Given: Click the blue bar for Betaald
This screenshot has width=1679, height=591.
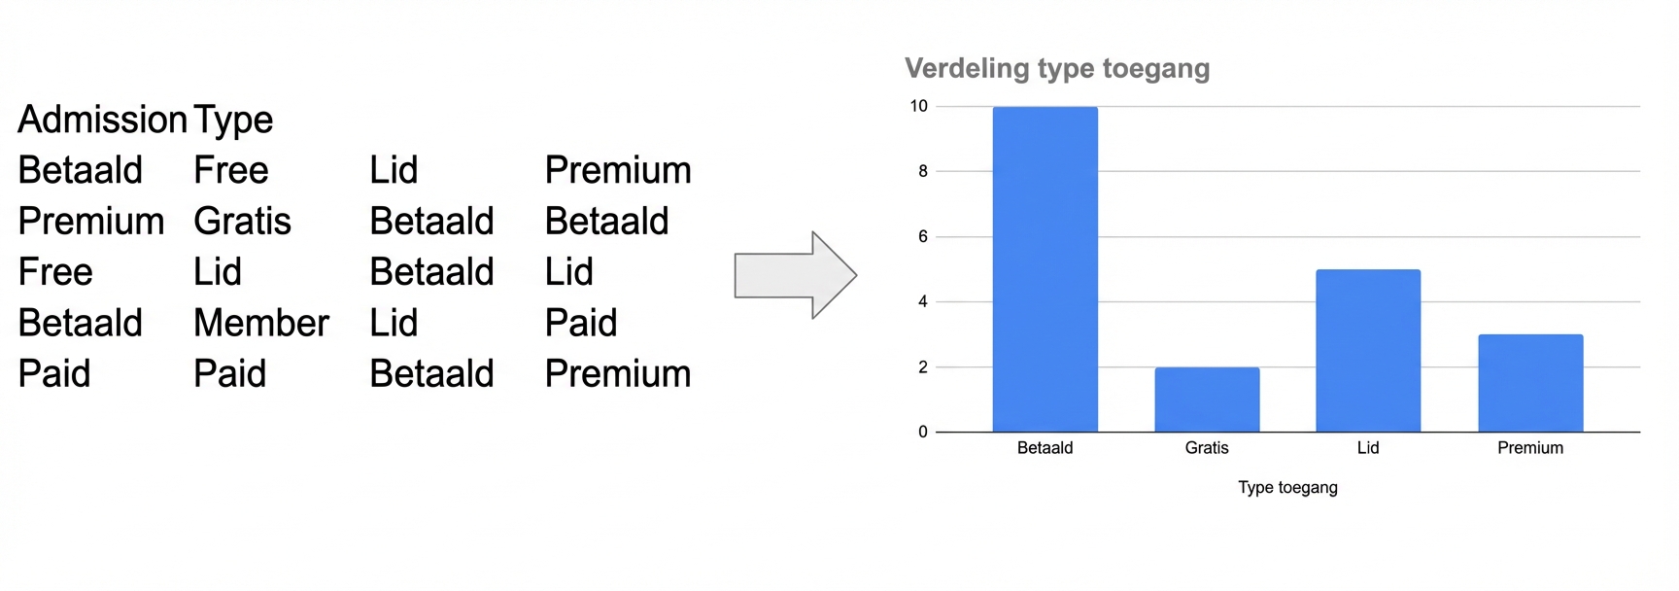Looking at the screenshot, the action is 1045,269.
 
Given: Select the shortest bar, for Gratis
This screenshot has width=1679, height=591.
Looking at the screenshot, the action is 1207,400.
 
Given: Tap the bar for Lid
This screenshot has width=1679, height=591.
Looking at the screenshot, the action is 1368,351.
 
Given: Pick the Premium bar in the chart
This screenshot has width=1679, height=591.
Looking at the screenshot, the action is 1530,383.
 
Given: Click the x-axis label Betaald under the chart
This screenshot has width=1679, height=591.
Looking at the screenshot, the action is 1045,448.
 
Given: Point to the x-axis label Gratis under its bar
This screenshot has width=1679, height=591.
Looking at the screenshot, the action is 1207,448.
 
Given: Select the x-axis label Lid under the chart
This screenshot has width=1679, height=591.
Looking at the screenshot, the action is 1368,448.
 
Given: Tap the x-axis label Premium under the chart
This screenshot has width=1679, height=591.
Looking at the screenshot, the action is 1530,448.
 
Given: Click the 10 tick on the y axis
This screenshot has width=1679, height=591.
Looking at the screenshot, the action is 918,106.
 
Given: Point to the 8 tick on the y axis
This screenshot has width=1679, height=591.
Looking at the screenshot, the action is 923,171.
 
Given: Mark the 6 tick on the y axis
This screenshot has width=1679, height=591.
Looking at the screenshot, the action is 923,236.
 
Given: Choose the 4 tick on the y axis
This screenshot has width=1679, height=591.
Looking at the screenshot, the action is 923,301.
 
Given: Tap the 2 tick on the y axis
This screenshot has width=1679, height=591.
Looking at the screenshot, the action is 923,366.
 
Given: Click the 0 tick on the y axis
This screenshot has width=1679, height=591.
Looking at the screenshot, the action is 923,432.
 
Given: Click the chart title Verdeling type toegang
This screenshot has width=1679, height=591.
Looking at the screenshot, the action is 1057,69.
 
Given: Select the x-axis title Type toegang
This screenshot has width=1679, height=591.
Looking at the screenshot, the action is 1287,488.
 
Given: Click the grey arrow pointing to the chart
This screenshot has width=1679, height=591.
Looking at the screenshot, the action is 795,275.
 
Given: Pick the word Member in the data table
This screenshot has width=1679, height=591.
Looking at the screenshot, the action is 261,323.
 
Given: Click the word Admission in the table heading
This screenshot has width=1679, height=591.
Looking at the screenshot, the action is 102,120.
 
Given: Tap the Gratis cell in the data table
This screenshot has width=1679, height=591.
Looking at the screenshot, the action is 242,222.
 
